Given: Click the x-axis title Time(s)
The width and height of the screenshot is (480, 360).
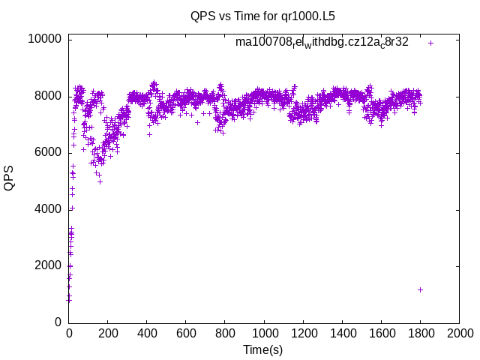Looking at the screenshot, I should pos(263,349).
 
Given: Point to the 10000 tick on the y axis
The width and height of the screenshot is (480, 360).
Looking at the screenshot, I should pos(46,39).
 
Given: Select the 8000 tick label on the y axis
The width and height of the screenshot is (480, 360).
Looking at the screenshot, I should pos(49,96).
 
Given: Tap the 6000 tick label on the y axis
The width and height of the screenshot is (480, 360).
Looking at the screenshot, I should pos(49,152).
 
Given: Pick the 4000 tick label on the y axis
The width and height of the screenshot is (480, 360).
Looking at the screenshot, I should pos(49,209).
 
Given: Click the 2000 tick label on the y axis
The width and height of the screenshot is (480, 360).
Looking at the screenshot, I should pos(49,265).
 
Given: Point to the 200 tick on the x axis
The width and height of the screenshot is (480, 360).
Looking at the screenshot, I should pos(108,333).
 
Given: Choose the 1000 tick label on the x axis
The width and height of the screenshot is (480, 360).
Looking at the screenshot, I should pos(264,333).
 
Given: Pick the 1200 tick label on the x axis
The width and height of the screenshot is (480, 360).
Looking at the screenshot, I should pos(303,333).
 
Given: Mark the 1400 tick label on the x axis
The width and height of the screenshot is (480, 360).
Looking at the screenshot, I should pos(342,333).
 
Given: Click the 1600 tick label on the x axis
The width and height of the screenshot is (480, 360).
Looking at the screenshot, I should pos(381,333).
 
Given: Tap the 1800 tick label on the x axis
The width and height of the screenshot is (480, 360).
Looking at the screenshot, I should pos(420,333).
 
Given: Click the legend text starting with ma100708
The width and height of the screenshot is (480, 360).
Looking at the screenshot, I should pos(322,43).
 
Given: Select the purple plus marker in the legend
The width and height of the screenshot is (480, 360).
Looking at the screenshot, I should pos(430,43).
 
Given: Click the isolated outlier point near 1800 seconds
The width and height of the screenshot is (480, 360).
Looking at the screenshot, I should pos(420,289).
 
